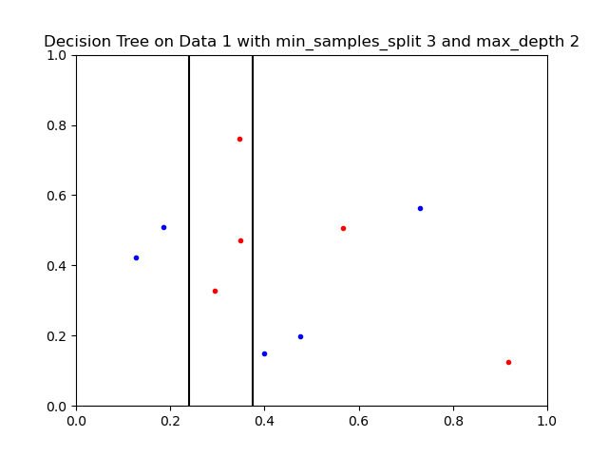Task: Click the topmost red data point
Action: (x=239, y=140)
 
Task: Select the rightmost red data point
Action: (x=509, y=363)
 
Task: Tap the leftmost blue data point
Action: (x=136, y=257)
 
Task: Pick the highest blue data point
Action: (x=420, y=209)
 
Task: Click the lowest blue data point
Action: (x=264, y=354)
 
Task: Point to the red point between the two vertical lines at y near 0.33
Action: (x=216, y=292)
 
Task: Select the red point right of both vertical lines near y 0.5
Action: (x=343, y=229)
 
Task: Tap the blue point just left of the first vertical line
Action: (x=163, y=228)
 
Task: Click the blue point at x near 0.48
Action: (x=300, y=337)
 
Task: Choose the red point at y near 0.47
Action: (x=240, y=240)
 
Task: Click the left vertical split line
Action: (x=189, y=231)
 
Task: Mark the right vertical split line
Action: (x=253, y=231)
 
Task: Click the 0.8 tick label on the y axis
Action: (x=56, y=125)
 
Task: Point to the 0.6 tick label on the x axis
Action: (x=359, y=421)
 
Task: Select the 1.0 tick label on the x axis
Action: (x=547, y=421)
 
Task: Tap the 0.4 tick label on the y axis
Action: (x=56, y=266)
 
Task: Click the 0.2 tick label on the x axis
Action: (x=171, y=421)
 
